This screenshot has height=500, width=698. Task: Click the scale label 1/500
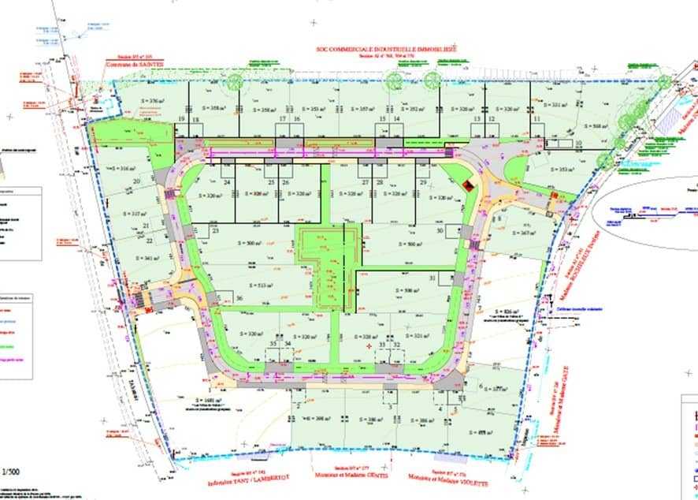12,472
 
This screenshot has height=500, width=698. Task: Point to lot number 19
183,119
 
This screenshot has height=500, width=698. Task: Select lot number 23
214,230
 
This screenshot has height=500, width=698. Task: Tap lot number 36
239,297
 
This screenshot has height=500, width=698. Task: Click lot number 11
537,119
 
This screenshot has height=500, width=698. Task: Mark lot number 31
433,278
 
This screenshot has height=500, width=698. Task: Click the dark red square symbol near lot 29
468,185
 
